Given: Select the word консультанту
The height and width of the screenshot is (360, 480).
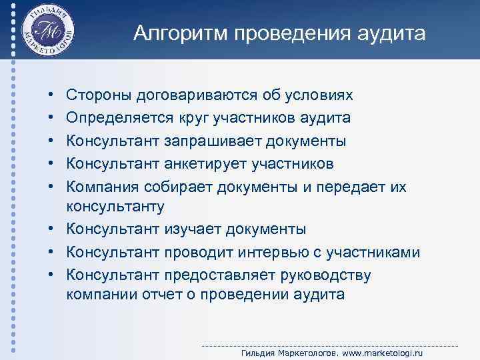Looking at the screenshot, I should [115, 207].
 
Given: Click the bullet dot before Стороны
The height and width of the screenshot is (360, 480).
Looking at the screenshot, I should [51, 96].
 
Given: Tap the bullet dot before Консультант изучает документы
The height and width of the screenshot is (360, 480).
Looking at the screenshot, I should [51, 230].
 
